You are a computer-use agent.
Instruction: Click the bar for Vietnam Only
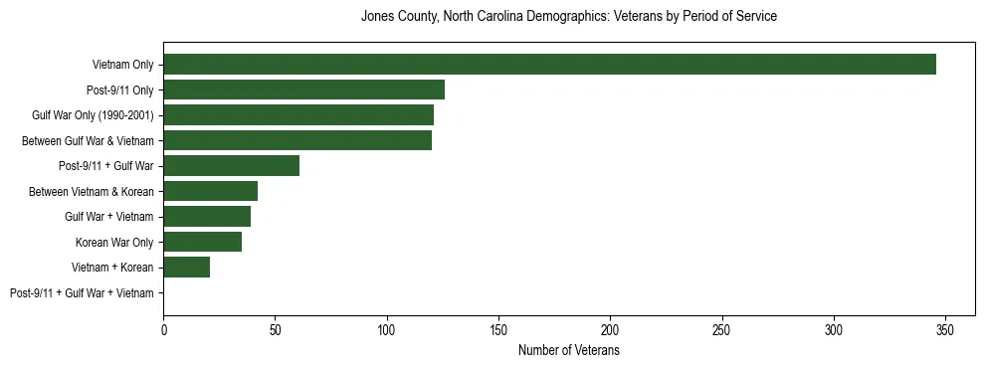coord(549,65)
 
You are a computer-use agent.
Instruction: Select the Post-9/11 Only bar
coord(303,91)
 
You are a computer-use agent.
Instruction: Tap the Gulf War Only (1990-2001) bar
coord(298,115)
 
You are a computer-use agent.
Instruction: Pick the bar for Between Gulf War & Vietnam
coord(297,141)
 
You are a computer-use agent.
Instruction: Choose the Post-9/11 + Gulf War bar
coord(231,166)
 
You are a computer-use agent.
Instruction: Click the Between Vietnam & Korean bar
coord(210,191)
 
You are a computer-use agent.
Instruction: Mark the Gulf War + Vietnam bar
coord(207,217)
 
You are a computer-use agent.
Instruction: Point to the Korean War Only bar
coord(202,242)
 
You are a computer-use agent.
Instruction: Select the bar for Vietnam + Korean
coord(186,268)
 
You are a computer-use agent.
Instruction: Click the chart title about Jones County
coord(568,17)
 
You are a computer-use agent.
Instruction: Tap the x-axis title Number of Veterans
coord(568,351)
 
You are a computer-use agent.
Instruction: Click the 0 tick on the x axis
coord(163,329)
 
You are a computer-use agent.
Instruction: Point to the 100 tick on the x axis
coord(387,329)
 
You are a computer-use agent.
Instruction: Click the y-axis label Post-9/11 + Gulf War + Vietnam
coord(82,293)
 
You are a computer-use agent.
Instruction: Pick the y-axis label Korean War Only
coord(114,243)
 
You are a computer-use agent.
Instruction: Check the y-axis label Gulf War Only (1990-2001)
coord(93,116)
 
